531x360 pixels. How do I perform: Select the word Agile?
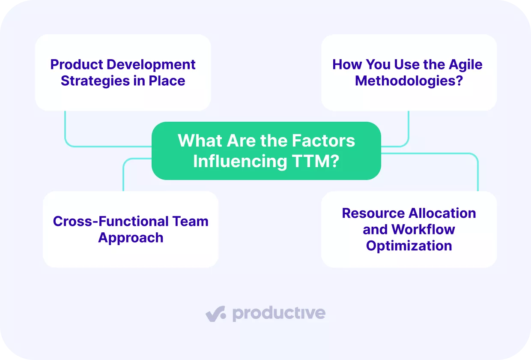pyautogui.click(x=465, y=65)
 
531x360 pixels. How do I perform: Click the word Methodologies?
pyautogui.click(x=409, y=81)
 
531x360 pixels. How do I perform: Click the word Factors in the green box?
pyautogui.click(x=323, y=141)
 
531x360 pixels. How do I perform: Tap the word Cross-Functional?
pyautogui.click(x=110, y=222)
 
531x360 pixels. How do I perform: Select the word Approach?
pyautogui.click(x=131, y=238)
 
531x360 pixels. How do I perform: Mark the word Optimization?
pyautogui.click(x=409, y=246)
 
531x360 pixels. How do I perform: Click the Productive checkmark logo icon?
pyautogui.click(x=216, y=314)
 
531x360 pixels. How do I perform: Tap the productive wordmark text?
pyautogui.click(x=279, y=314)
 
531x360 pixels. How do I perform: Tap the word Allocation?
pyautogui.click(x=442, y=213)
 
